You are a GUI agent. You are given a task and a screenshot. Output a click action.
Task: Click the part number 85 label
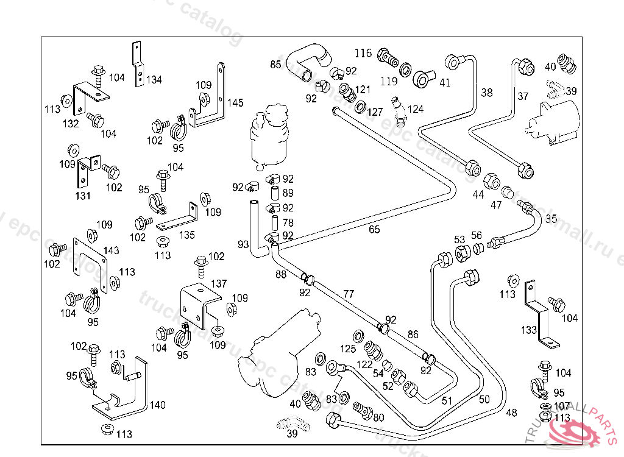(275, 65)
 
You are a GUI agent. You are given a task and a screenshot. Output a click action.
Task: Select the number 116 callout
(363, 54)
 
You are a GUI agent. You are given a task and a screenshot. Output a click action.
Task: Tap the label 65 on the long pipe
(374, 230)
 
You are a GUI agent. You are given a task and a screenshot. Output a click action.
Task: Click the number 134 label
(154, 80)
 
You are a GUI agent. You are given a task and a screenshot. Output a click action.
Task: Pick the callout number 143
(111, 250)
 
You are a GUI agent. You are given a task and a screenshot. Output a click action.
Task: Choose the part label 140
(157, 405)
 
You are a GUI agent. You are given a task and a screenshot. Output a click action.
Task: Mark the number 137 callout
(219, 284)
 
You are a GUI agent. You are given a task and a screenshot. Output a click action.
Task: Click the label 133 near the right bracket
(529, 330)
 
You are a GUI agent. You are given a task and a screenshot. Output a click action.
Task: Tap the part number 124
(416, 110)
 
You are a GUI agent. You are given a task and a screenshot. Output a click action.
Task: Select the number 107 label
(562, 406)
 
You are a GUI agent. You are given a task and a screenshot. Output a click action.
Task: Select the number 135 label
(187, 235)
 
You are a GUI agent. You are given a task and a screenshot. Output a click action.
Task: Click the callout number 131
(83, 196)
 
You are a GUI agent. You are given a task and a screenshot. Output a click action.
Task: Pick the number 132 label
(71, 124)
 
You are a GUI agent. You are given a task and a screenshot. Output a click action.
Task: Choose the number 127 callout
(375, 112)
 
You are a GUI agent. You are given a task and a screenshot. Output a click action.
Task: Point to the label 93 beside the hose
(244, 244)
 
